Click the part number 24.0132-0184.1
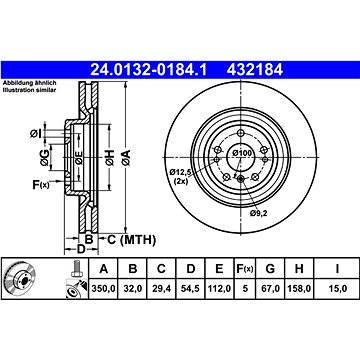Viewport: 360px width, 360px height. (149, 70)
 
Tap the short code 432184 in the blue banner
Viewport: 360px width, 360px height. (255, 70)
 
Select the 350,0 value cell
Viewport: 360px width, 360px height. (103, 289)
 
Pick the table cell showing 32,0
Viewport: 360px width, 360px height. (133, 289)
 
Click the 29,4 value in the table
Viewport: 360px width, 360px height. (161, 289)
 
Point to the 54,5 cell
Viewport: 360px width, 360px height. (190, 289)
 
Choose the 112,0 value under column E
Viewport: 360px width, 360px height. (219, 289)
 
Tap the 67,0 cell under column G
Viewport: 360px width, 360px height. (270, 289)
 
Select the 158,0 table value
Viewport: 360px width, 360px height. (299, 289)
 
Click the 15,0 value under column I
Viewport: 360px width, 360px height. (337, 289)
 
